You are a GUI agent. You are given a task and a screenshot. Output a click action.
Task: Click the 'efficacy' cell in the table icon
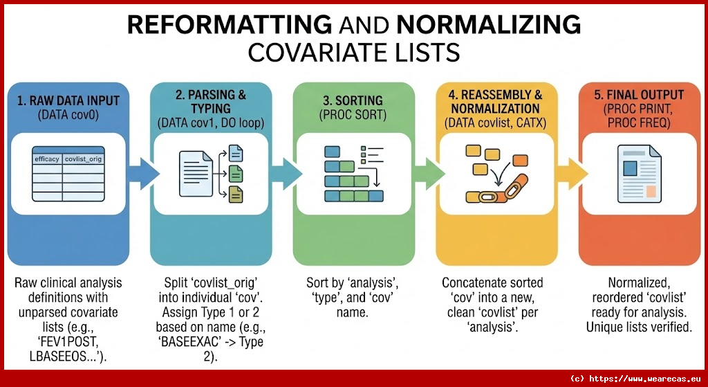[47, 159]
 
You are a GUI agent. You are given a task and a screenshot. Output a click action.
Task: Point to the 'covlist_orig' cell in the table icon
[83, 159]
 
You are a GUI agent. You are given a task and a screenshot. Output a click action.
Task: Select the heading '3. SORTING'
[354, 100]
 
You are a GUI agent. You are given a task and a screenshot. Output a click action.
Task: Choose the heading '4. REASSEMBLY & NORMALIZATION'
[496, 101]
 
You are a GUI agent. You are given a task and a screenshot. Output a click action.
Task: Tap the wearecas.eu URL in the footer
[646, 378]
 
